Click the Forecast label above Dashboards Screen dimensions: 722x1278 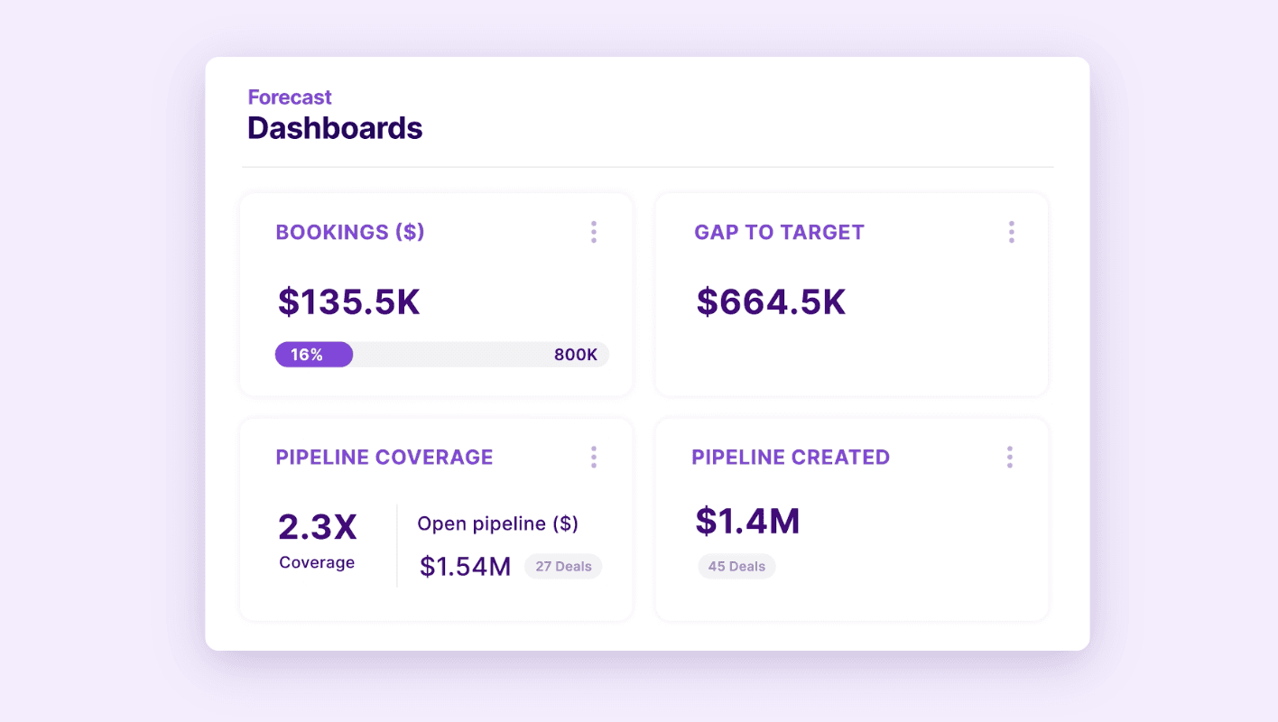click(290, 97)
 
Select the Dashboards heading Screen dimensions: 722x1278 click(335, 128)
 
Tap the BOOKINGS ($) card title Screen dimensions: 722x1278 click(350, 232)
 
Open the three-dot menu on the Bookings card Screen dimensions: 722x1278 click(593, 232)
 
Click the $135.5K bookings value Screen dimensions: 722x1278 click(349, 301)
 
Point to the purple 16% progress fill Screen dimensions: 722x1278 click(313, 355)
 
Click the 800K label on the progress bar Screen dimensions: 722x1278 click(575, 355)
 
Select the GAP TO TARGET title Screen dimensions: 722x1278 click(779, 232)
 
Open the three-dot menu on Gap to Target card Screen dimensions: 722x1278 click(1011, 232)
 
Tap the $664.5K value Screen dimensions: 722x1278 click(771, 301)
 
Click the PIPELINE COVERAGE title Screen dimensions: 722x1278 click(384, 457)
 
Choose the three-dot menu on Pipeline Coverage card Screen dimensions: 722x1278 click(593, 457)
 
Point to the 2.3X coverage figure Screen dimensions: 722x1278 click(318, 527)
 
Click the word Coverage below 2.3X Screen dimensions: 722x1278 click(317, 562)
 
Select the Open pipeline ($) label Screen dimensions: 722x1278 click(497, 523)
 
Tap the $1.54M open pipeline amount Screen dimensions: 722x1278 click(465, 567)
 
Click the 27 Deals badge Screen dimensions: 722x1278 click(563, 567)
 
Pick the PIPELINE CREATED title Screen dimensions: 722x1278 click(791, 457)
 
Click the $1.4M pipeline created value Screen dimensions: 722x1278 click(747, 522)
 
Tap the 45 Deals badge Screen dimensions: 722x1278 click(736, 567)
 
